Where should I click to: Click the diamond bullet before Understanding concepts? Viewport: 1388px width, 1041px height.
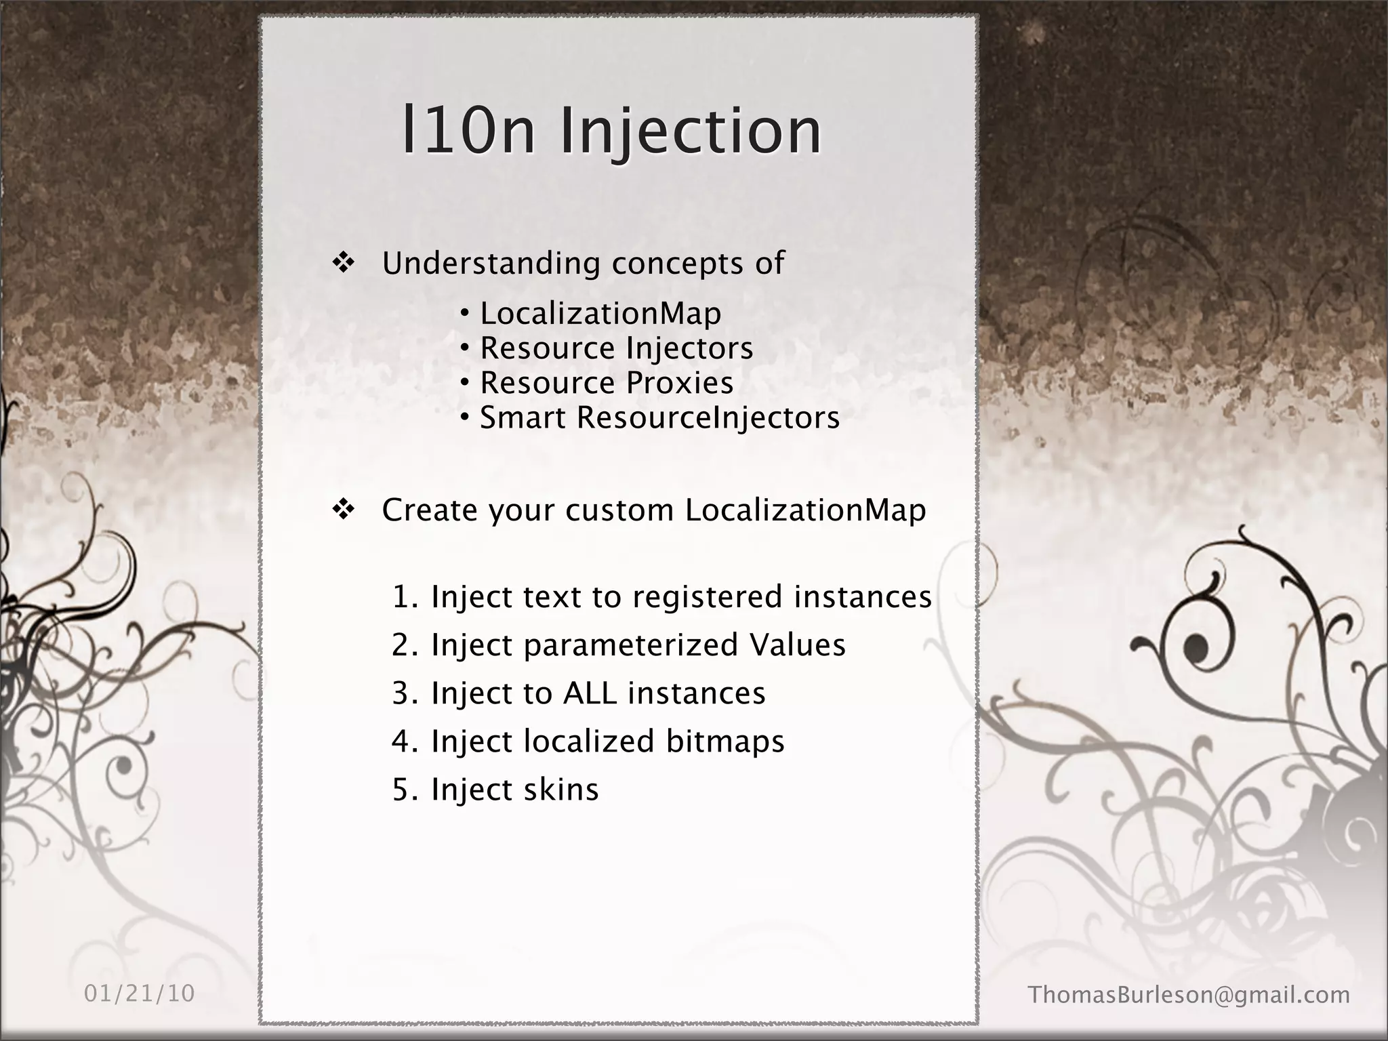tap(344, 263)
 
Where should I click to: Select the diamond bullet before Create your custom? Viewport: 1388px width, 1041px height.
tap(344, 510)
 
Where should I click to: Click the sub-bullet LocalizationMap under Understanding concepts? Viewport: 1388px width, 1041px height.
tap(600, 314)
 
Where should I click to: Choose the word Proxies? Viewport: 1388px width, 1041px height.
tap(680, 383)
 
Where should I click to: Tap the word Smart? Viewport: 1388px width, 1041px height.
tap(523, 417)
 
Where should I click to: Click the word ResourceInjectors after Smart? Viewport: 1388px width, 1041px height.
tap(708, 417)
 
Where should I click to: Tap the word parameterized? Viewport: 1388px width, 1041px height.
tap(630, 645)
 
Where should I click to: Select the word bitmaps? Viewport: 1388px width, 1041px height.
tap(724, 741)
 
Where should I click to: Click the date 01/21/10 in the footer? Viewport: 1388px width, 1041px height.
tap(140, 994)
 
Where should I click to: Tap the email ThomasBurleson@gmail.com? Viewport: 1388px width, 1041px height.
tap(1189, 995)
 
